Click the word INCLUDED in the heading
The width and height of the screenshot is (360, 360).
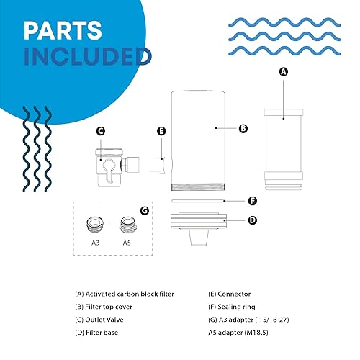click(x=86, y=55)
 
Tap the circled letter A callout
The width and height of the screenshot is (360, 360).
click(x=283, y=72)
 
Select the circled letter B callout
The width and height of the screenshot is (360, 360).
click(x=243, y=129)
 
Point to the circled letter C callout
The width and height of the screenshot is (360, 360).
click(x=101, y=131)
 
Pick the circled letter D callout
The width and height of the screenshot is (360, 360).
click(x=252, y=221)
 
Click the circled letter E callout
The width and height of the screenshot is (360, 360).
click(x=161, y=131)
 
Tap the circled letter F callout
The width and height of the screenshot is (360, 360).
click(x=252, y=202)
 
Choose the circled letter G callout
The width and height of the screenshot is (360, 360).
click(x=145, y=211)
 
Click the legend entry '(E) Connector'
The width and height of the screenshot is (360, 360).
click(x=226, y=293)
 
